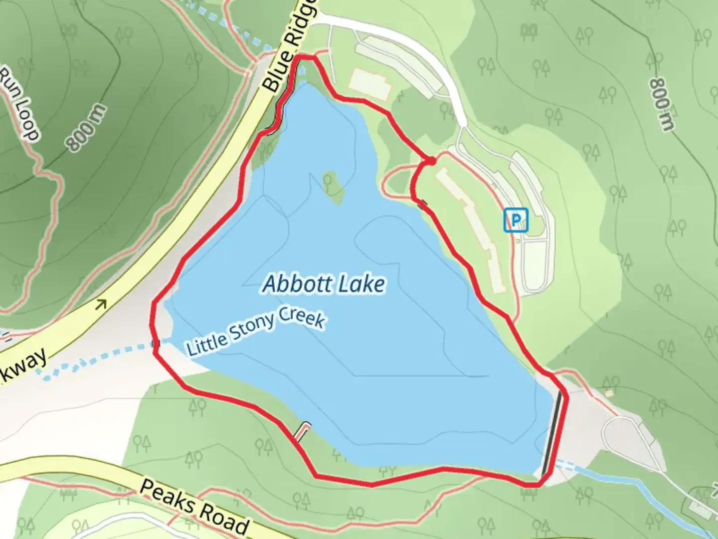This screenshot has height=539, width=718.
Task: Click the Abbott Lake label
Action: click(324, 284)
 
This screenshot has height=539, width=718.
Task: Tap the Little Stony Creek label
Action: click(255, 332)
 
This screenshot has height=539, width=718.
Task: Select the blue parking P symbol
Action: click(516, 220)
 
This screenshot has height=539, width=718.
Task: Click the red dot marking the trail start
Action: click(431, 161)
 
